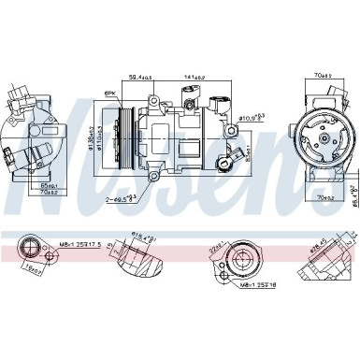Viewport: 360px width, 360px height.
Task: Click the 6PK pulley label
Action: (110, 94)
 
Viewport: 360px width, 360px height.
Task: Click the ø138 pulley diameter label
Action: (91, 137)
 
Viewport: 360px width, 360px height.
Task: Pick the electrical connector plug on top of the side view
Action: (220, 103)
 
